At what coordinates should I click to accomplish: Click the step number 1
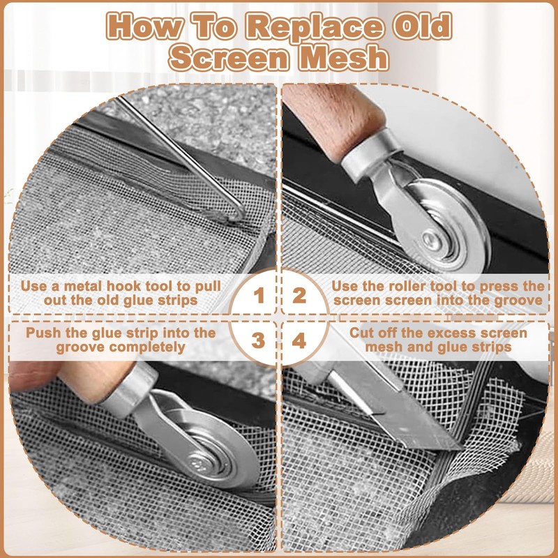(x=259, y=296)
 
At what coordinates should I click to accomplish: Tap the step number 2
(x=299, y=296)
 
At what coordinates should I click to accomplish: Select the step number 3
(x=258, y=340)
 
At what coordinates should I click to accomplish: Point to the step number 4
(x=299, y=340)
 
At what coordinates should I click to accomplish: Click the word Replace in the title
(x=316, y=27)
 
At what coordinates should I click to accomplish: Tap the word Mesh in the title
(x=344, y=57)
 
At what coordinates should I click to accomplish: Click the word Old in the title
(x=423, y=26)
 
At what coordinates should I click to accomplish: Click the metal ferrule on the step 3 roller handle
(x=130, y=390)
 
